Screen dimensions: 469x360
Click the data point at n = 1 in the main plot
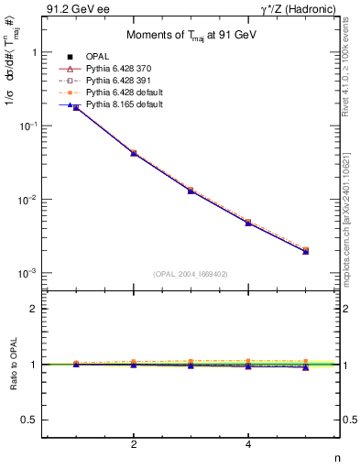(76, 107)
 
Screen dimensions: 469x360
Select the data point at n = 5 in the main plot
(305, 250)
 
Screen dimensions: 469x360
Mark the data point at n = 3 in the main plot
(191, 190)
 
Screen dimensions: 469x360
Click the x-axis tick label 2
(134, 444)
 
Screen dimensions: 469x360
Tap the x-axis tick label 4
(248, 444)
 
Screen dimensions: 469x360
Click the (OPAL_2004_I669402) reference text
(191, 273)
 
